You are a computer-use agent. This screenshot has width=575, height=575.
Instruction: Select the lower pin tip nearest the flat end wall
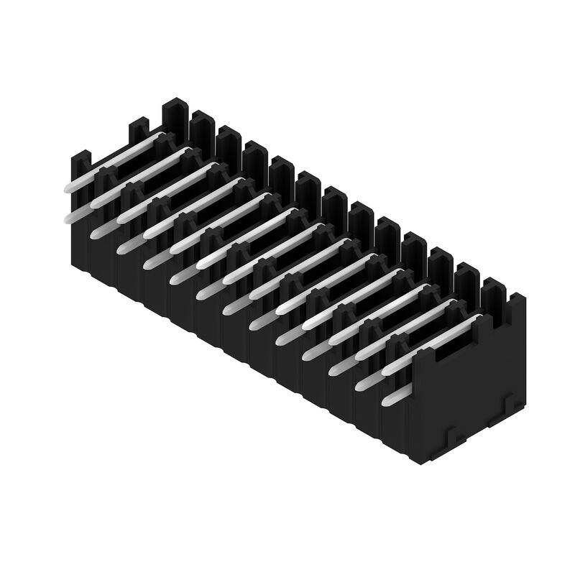coord(388,400)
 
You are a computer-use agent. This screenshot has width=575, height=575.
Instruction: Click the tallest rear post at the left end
coord(175,115)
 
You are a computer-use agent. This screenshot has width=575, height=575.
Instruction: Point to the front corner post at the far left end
coord(81,162)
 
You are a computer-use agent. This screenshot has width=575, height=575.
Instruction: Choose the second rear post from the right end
coord(466,275)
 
